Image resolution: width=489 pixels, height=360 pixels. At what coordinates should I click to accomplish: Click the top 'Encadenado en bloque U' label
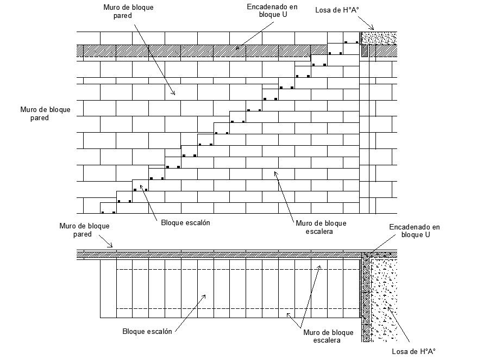[272, 11]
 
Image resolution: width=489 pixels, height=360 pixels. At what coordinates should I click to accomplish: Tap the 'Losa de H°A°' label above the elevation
[337, 10]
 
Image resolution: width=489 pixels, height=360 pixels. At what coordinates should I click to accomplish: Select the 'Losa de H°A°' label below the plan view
[413, 351]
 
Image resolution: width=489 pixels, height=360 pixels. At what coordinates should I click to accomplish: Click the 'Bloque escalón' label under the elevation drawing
[186, 222]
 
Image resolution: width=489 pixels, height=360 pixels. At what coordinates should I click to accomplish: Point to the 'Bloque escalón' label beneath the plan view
[147, 331]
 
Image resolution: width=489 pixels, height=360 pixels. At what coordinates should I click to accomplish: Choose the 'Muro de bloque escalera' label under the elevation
[321, 227]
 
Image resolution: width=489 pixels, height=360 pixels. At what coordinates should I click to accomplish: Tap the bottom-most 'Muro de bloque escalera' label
[328, 336]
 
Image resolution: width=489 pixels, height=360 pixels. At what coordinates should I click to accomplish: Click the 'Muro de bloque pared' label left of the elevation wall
[45, 114]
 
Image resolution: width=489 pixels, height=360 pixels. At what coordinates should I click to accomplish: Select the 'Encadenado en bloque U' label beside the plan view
[415, 231]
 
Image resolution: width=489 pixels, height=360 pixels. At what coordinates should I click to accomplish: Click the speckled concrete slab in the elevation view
[379, 38]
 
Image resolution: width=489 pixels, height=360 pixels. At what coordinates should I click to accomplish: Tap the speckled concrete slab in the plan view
[384, 300]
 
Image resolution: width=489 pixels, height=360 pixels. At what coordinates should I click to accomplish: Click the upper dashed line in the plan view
[238, 269]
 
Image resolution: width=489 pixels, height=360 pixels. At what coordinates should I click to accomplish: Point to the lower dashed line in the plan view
[238, 308]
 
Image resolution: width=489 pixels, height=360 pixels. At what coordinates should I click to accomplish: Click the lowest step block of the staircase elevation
[108, 208]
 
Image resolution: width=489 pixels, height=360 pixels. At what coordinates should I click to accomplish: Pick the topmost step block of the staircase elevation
[352, 37]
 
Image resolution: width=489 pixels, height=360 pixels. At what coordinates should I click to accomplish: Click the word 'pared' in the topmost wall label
[123, 16]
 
